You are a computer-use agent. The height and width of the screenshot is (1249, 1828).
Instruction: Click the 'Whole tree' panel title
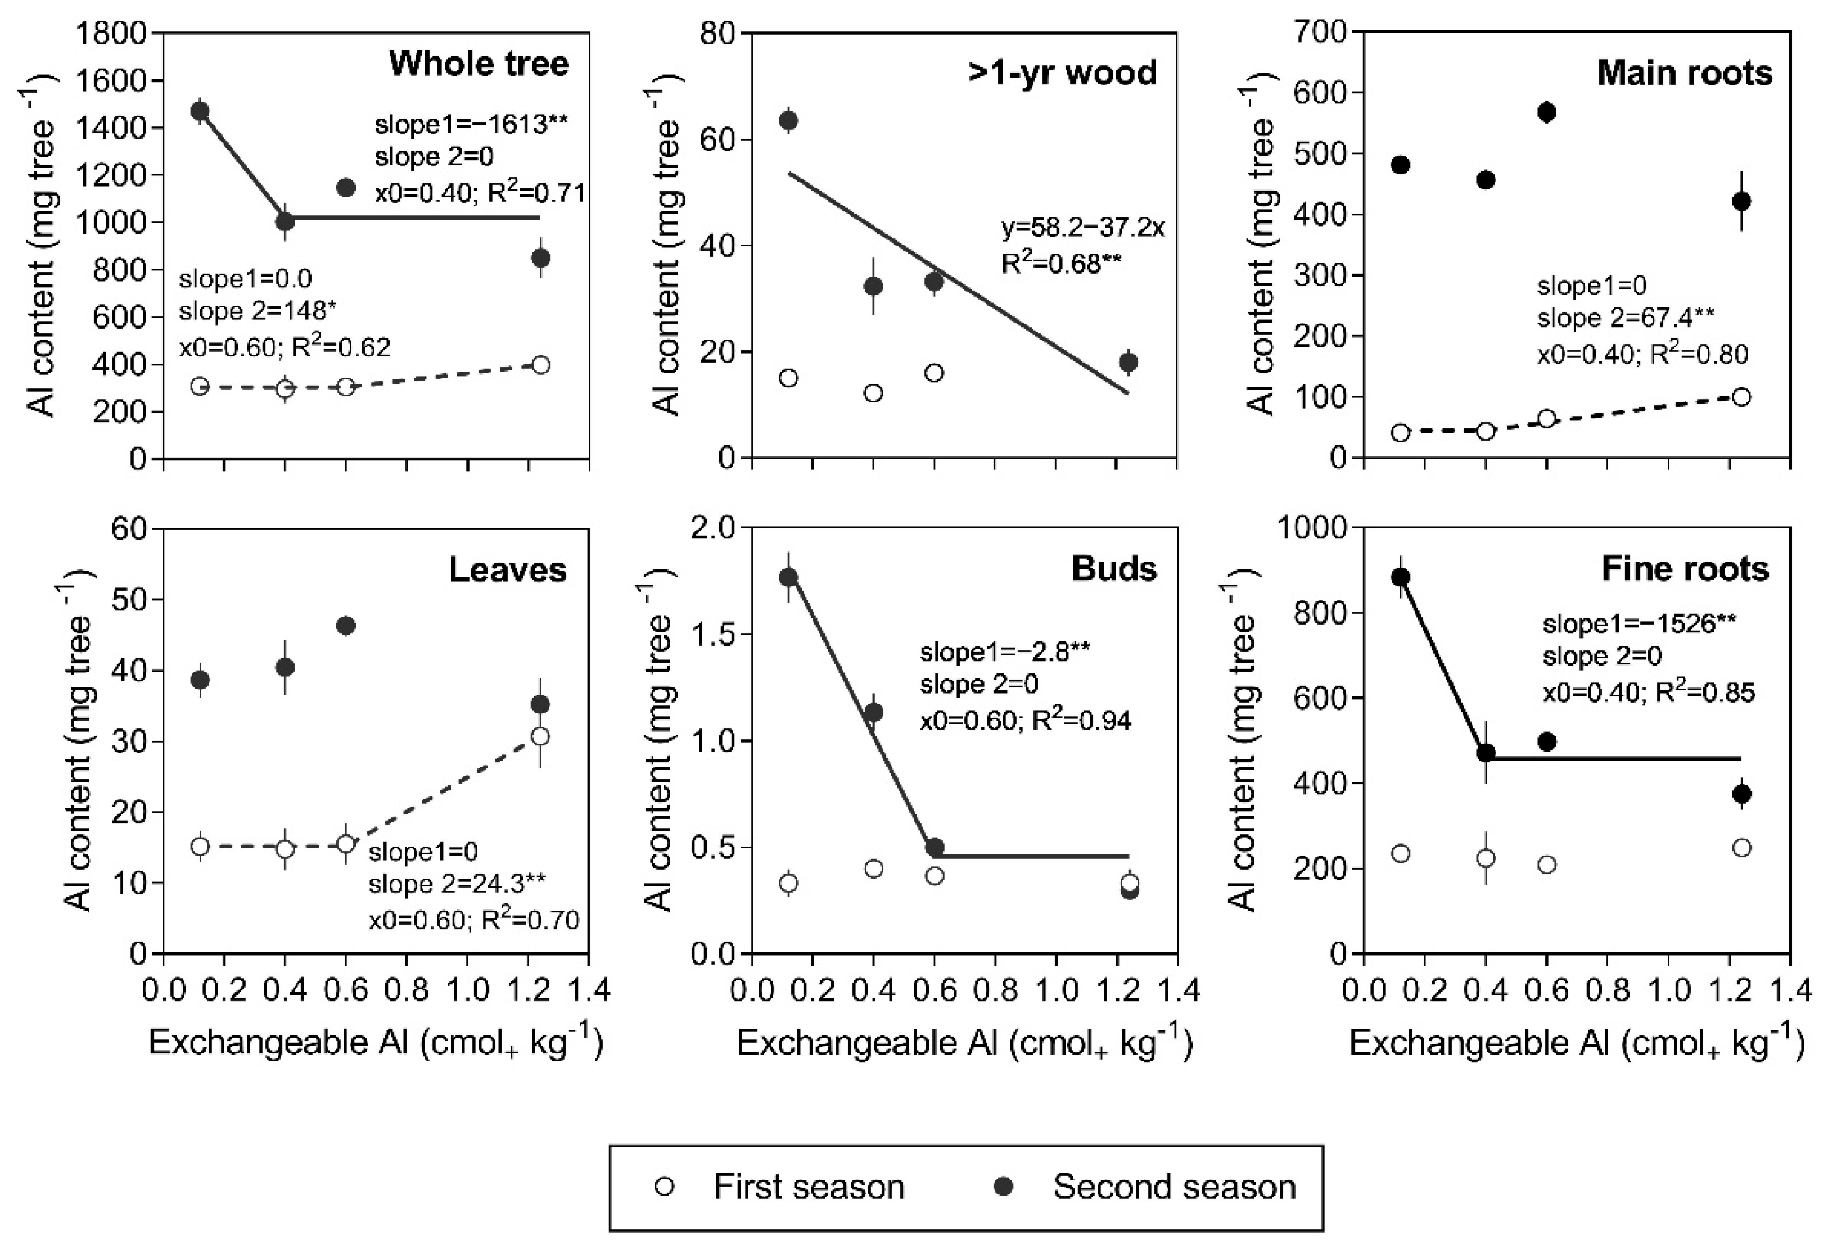(x=479, y=64)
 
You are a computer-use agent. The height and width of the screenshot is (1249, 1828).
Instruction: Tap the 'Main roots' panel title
(x=1684, y=73)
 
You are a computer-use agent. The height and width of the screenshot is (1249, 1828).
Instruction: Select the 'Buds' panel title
(x=1114, y=569)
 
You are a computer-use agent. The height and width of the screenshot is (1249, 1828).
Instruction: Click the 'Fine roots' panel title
(x=1685, y=569)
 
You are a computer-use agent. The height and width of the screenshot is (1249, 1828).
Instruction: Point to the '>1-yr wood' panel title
(x=1062, y=73)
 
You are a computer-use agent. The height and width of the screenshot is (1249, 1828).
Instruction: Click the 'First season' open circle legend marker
(x=665, y=1186)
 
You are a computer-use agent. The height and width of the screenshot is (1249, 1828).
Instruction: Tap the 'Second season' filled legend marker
(x=1004, y=1186)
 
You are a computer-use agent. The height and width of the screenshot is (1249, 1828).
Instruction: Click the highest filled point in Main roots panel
(x=1546, y=112)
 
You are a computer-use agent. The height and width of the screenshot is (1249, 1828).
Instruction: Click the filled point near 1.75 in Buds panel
(x=788, y=577)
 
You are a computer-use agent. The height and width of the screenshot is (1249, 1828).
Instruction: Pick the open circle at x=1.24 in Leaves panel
(x=540, y=737)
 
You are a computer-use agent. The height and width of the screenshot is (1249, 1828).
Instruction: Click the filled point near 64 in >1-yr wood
(x=788, y=120)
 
